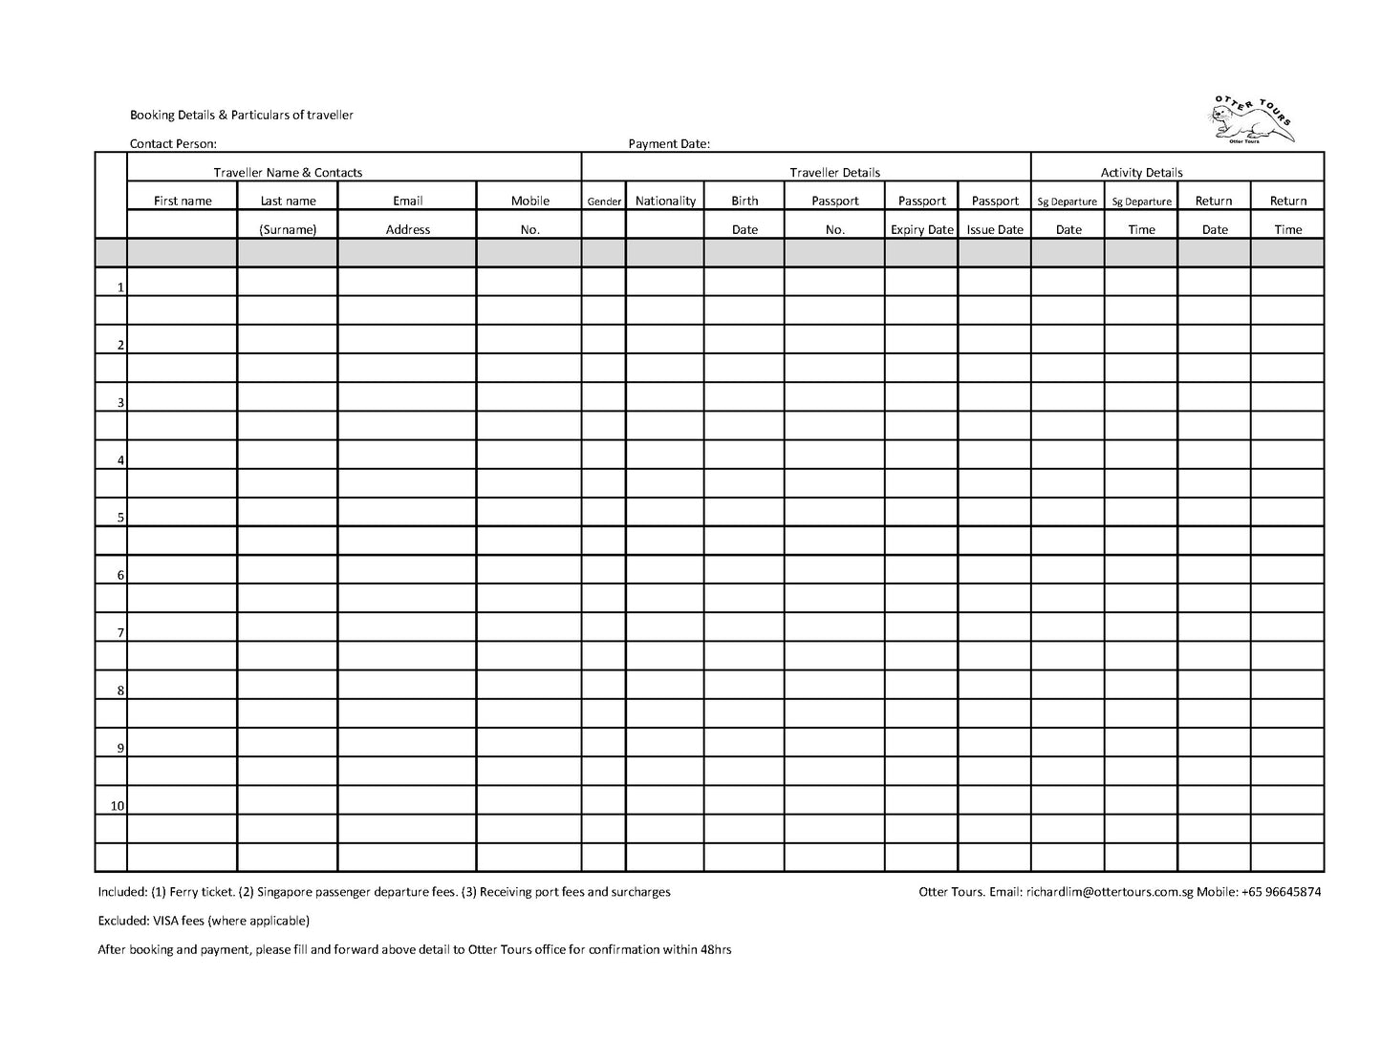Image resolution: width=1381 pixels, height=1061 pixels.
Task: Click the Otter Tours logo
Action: [1251, 120]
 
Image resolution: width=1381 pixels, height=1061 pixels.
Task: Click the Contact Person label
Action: [173, 144]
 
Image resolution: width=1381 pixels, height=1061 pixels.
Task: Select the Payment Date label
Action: [668, 144]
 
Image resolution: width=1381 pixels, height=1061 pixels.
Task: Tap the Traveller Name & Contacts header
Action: [288, 173]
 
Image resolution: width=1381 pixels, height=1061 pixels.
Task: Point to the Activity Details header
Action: [1141, 173]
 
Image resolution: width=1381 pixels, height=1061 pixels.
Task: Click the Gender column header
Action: [604, 202]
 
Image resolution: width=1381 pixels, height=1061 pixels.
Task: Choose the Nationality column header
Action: [665, 201]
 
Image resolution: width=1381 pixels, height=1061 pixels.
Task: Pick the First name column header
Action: [183, 201]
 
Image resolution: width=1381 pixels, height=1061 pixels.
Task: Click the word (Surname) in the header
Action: [288, 229]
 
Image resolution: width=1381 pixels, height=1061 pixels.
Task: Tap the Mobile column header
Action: [529, 201]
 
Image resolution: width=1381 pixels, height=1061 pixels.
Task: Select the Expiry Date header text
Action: [921, 229]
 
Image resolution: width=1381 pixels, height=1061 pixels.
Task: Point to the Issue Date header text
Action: [995, 229]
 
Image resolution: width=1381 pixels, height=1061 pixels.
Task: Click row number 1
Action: [120, 287]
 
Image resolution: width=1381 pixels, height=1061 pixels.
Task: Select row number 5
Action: [120, 518]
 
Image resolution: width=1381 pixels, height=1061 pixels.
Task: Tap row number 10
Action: [117, 806]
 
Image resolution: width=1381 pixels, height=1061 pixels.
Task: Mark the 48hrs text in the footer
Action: [716, 950]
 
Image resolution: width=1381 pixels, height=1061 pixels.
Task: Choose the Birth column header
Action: [744, 201]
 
